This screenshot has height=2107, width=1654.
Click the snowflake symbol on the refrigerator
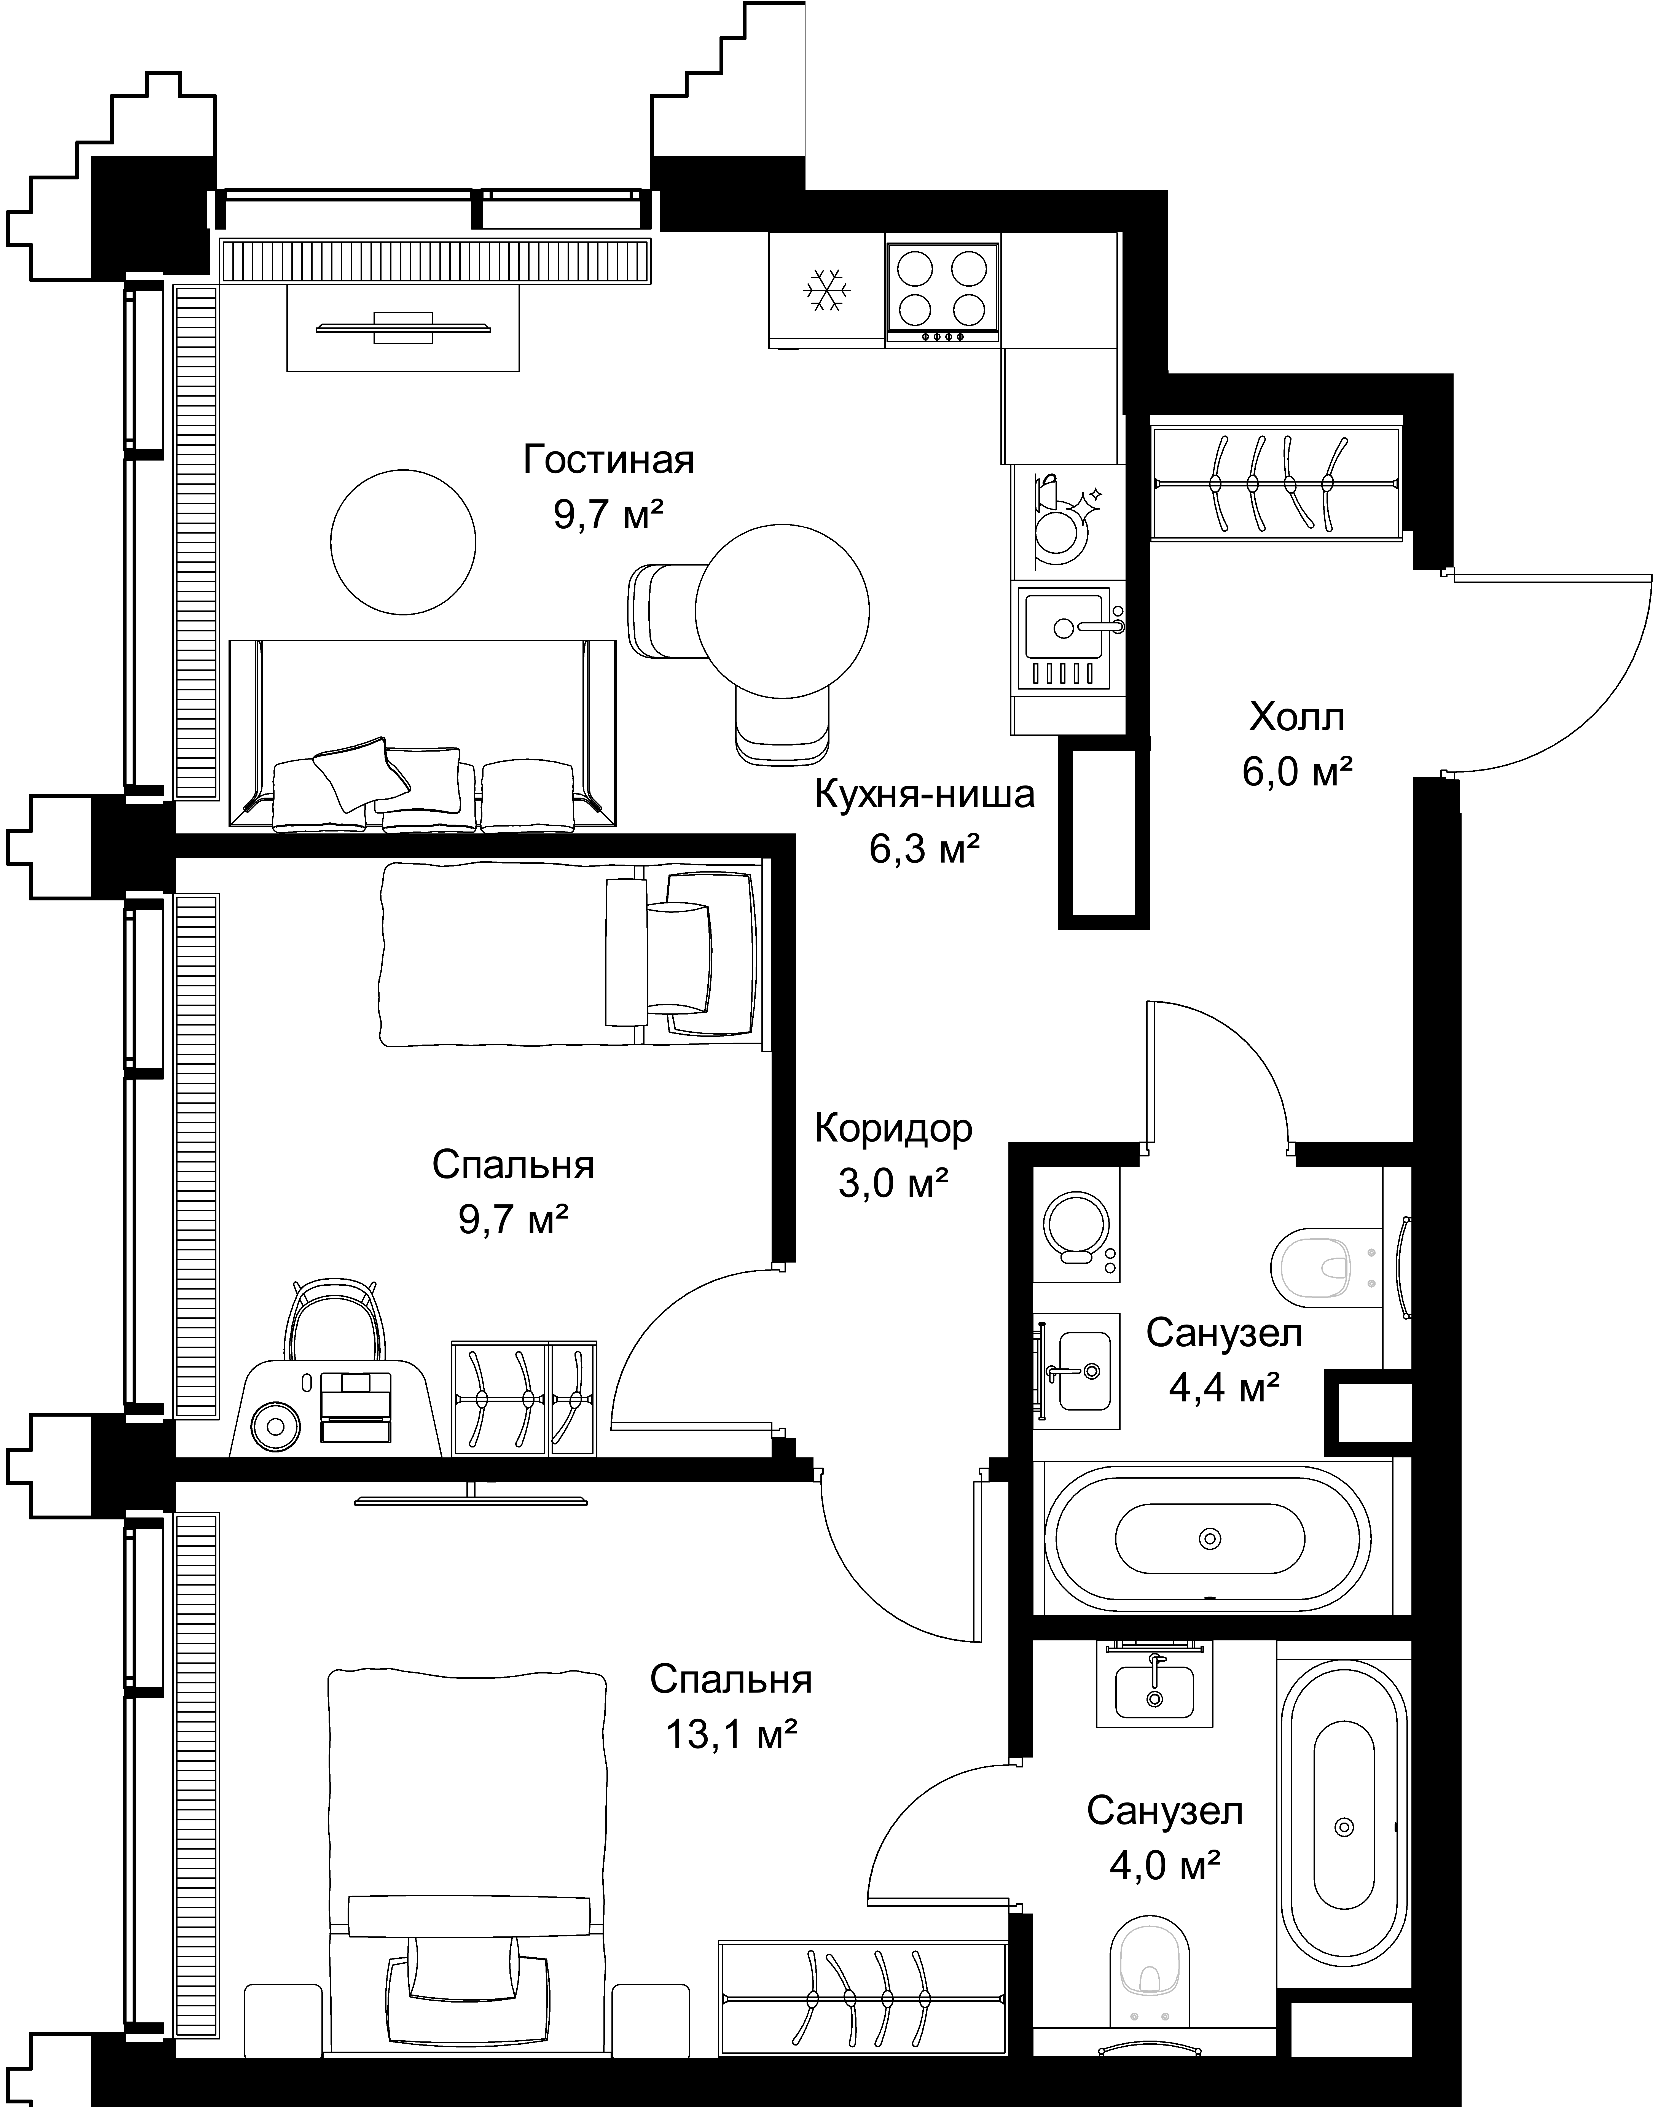828,289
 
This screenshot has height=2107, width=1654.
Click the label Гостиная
609,460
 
